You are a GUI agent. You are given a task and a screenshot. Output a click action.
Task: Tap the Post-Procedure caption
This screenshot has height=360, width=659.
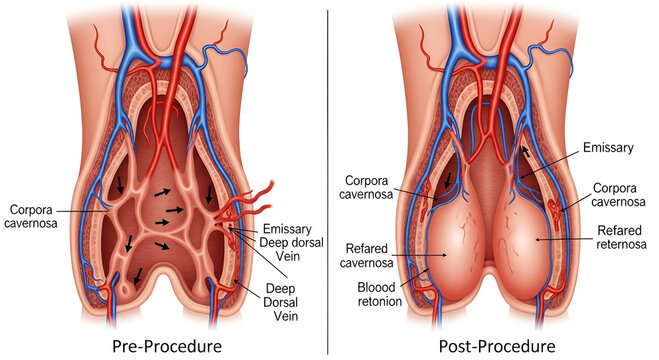(494, 346)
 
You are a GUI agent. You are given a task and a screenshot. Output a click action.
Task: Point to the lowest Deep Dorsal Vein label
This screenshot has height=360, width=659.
(292, 302)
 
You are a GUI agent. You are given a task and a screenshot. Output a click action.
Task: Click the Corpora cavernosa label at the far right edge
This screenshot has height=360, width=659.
(620, 195)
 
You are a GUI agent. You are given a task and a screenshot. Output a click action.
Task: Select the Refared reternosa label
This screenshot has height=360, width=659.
(621, 238)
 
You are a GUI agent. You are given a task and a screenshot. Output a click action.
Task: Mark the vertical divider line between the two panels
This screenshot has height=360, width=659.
(329, 180)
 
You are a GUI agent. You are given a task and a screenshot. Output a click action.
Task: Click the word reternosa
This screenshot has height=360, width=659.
(621, 245)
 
